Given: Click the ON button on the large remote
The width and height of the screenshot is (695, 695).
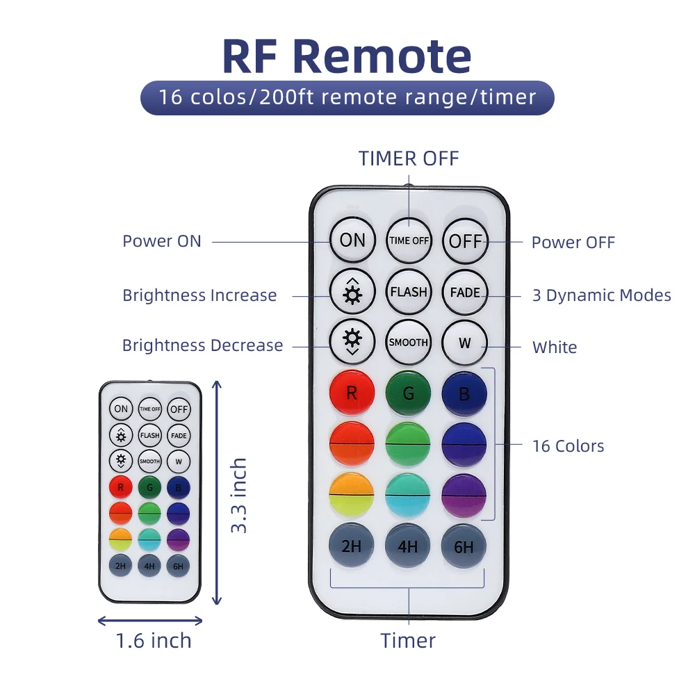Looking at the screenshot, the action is pyautogui.click(x=352, y=240).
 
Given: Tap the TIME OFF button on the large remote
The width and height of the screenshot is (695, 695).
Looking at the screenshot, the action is pyautogui.click(x=409, y=240).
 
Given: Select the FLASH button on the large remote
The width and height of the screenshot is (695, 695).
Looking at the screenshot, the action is pyautogui.click(x=409, y=292).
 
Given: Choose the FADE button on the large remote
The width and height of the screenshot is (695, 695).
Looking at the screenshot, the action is pyautogui.click(x=465, y=292).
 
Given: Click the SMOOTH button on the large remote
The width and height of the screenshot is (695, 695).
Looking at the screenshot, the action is pyautogui.click(x=409, y=342).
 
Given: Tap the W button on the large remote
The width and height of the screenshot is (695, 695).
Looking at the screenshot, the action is pyautogui.click(x=465, y=343).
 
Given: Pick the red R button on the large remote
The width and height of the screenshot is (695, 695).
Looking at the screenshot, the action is pyautogui.click(x=352, y=393).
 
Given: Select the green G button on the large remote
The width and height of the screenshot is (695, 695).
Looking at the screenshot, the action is pyautogui.click(x=409, y=393).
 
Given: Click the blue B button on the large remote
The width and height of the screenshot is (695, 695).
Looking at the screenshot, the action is pyautogui.click(x=464, y=394).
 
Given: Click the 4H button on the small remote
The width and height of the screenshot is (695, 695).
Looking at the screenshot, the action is pyautogui.click(x=149, y=566).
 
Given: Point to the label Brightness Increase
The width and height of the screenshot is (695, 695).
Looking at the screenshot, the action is pyautogui.click(x=199, y=295).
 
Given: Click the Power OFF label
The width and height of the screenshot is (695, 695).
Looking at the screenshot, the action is pyautogui.click(x=573, y=242).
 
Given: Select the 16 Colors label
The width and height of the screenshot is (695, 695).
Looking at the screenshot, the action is pyautogui.click(x=568, y=446).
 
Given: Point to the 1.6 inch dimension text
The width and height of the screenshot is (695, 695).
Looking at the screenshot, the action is pyautogui.click(x=154, y=640).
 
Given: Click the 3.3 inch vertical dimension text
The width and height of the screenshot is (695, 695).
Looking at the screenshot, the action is pyautogui.click(x=239, y=495).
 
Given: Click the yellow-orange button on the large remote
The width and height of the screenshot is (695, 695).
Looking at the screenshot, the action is pyautogui.click(x=352, y=494).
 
